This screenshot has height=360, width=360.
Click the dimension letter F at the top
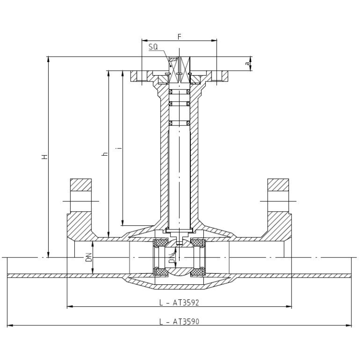pos(180,36)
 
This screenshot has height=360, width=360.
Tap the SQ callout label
pos(153,47)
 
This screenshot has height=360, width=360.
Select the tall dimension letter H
pos(45,157)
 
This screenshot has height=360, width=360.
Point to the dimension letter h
pos(105,154)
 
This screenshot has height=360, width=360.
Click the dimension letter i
pos(119,148)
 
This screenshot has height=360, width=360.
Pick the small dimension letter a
pos(247,63)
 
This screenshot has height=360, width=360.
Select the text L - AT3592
pos(179,302)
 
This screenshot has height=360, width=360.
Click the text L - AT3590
pos(179,322)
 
